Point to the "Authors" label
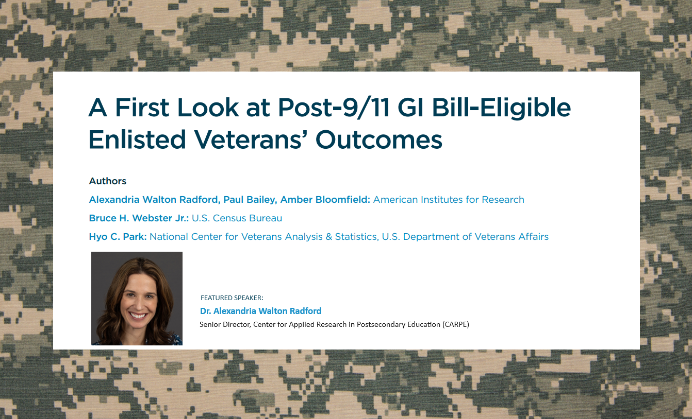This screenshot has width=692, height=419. [x=107, y=181]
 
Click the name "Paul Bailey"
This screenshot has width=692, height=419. [x=250, y=200]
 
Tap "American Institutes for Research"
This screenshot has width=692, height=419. [x=449, y=200]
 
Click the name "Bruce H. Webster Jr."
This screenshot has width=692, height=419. [x=139, y=218]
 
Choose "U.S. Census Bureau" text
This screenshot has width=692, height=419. [x=237, y=218]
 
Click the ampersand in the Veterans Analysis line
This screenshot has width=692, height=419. [x=328, y=237]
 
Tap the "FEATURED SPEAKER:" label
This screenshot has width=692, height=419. [x=232, y=298]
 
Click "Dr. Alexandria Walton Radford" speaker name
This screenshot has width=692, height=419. [x=261, y=311]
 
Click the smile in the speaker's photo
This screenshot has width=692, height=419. [x=138, y=316]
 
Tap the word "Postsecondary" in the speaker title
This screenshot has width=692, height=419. [x=381, y=325]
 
